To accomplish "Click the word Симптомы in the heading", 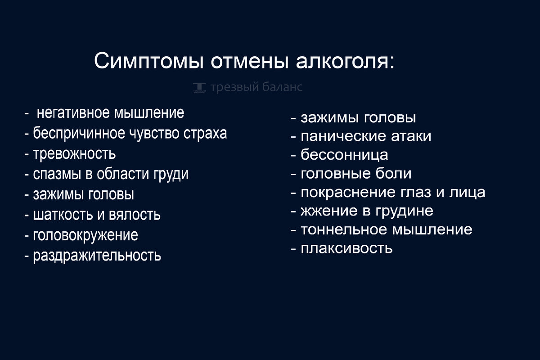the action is coord(149,61).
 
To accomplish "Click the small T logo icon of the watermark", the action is coord(199,88).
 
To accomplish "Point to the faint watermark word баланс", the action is coord(282,86).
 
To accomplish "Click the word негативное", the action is coord(73,113).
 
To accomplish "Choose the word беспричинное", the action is coord(79,134).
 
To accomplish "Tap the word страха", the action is coord(205,134).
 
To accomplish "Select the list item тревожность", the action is coord(74,153).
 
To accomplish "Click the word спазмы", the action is coord(57,174).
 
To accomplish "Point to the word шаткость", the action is coord(63,214).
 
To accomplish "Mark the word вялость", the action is coord(135,214).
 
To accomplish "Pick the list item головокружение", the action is coord(85,235).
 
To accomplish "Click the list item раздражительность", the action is coord(97,256).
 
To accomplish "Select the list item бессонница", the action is coord(344,154).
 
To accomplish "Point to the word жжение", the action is coord(329,211).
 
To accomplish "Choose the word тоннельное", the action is coord(344,229).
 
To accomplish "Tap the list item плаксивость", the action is coord(346,248).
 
